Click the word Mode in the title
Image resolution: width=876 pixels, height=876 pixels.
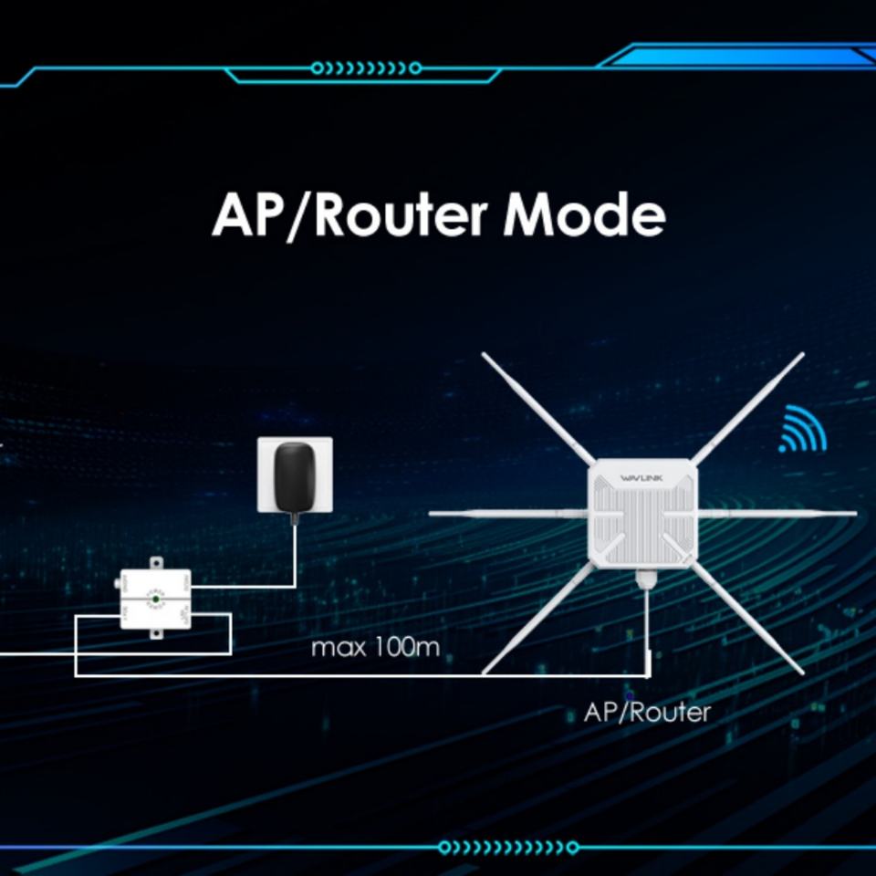(584, 216)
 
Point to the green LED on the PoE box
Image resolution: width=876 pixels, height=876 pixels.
(156, 599)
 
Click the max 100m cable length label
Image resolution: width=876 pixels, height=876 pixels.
(375, 649)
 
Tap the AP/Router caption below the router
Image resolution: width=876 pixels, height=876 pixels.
(646, 712)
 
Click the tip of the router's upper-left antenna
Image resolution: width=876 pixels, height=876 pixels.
(485, 356)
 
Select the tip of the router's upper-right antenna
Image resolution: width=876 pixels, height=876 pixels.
(803, 356)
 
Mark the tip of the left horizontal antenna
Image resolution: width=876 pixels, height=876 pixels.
(432, 513)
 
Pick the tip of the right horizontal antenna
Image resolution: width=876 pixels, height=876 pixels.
(854, 514)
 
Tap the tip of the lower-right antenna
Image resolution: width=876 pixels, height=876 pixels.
(801, 673)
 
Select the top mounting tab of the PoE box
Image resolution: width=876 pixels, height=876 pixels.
(155, 563)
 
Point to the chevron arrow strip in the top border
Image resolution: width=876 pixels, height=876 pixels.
(366, 68)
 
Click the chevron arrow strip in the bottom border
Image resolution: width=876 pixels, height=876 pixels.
(493, 847)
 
